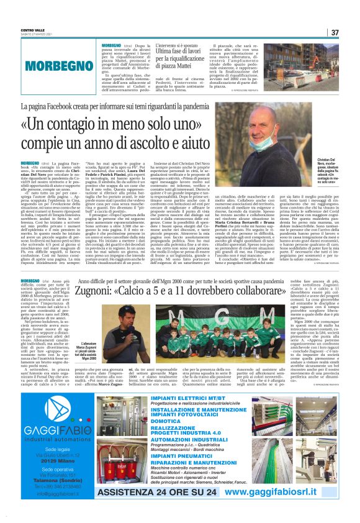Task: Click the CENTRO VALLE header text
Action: coord(32,30)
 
